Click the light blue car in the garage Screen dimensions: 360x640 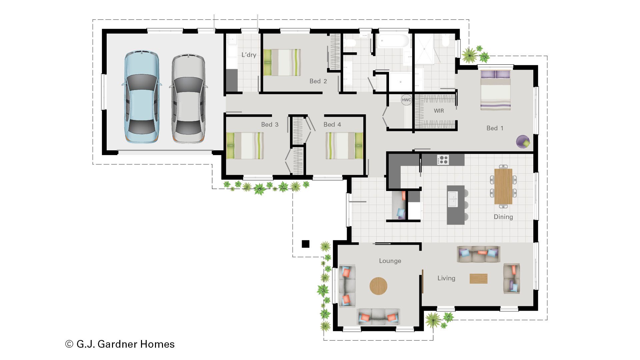(141, 97)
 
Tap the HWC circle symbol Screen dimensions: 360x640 (406, 100)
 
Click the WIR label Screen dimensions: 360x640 (439, 111)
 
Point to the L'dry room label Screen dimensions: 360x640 (249, 55)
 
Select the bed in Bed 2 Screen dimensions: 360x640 (282, 62)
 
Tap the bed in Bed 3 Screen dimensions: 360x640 (245, 146)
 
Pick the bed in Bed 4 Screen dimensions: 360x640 (344, 146)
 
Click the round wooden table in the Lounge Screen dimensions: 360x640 (378, 286)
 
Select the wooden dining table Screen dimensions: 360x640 (503, 186)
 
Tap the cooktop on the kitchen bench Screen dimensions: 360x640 (443, 160)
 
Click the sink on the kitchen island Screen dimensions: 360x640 (452, 199)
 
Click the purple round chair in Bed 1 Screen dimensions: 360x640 (523, 142)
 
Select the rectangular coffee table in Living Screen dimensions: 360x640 (478, 278)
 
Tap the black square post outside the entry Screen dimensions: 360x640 (305, 244)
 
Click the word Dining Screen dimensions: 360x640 (503, 217)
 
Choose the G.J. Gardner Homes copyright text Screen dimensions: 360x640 (120, 344)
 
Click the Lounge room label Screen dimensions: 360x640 (390, 261)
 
